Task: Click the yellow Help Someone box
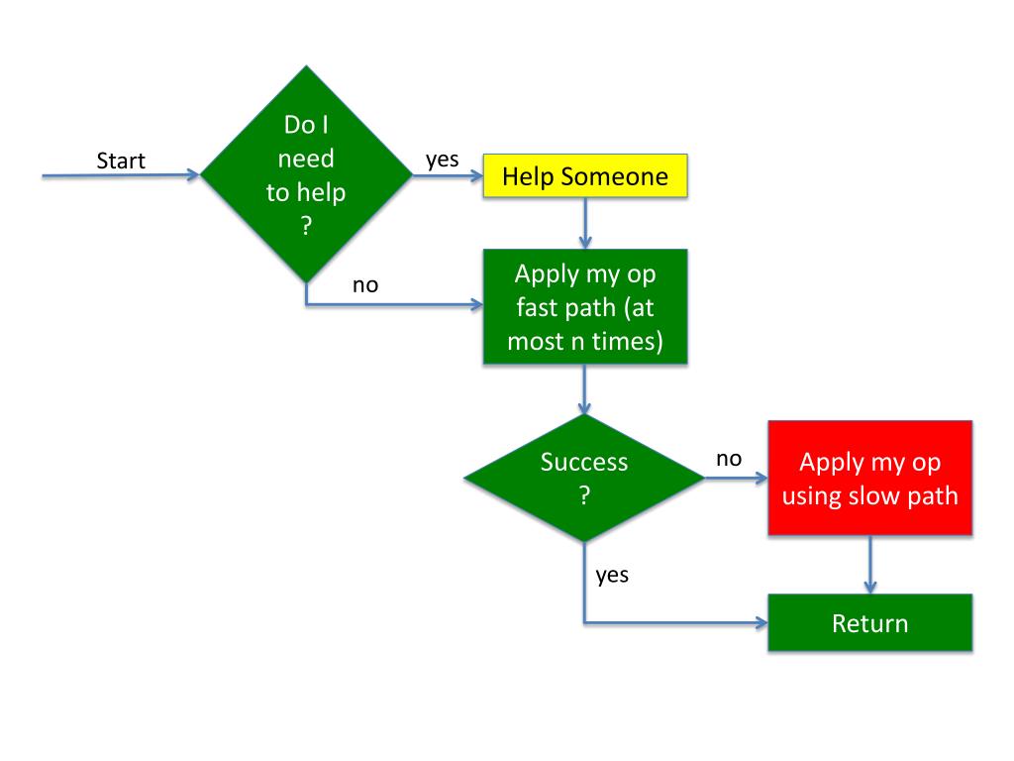point(585,176)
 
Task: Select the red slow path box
point(869,479)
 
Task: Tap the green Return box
point(869,622)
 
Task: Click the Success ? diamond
point(584,479)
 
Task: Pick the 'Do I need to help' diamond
point(307,174)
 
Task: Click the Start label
point(121,161)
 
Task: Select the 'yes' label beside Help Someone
point(443,160)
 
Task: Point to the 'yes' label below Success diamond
point(612,575)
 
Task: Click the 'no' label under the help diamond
point(365,285)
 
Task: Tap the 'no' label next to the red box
point(729,459)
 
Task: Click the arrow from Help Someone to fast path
point(585,223)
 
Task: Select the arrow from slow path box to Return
point(870,565)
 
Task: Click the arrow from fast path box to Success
point(584,389)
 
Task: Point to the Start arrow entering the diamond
point(121,175)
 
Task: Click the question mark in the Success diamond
point(584,495)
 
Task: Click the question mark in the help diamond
point(307,226)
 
